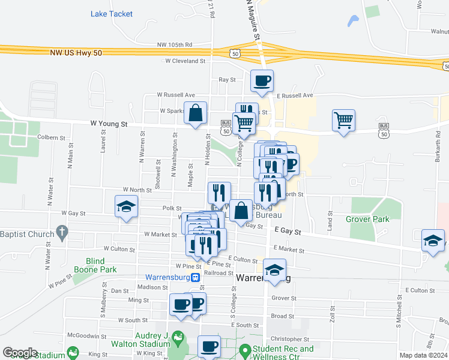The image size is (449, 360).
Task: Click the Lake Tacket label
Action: tap(112, 14)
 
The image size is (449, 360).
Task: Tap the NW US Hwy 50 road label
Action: tap(76, 53)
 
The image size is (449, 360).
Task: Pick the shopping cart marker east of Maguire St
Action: tap(343, 121)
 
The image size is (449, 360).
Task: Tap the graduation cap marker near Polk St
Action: tap(127, 208)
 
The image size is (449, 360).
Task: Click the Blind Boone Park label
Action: tap(95, 265)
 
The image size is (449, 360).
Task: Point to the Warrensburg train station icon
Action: tap(195, 278)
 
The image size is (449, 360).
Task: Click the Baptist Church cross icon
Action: tap(61, 231)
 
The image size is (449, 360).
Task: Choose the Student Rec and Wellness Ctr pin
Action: tap(244, 350)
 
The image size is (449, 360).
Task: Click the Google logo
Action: tap(20, 353)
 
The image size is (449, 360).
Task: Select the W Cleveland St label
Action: tap(185, 61)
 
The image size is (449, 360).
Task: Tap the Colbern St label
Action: tap(51, 137)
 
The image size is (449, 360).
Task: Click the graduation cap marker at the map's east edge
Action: tap(433, 241)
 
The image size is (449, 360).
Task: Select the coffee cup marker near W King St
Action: tap(209, 346)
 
